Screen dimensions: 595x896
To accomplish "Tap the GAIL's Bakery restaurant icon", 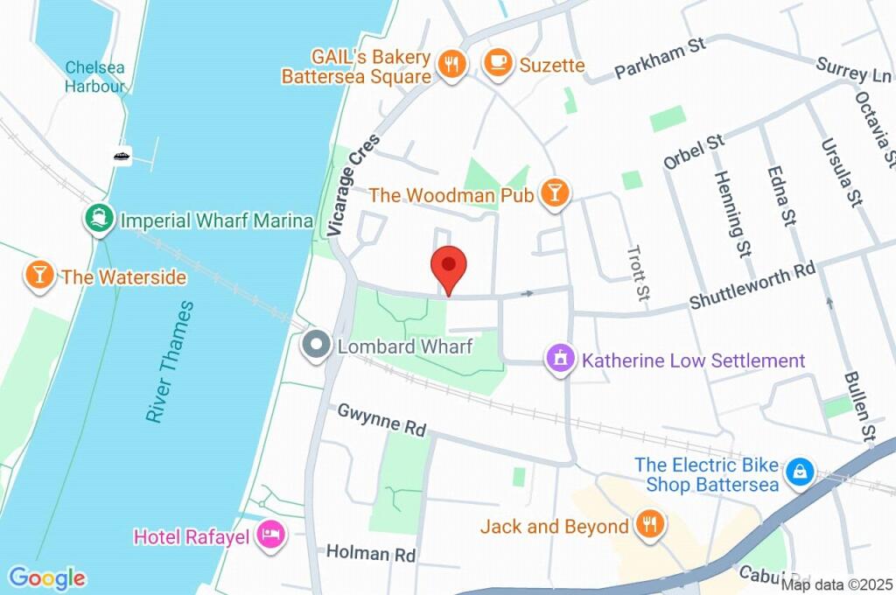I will tap(451, 65).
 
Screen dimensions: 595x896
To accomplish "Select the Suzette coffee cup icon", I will tap(499, 63).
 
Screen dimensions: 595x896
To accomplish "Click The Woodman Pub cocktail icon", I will tap(554, 192).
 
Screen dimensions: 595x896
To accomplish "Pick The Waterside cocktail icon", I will tap(39, 276).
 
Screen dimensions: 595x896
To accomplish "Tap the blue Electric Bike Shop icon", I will tap(798, 473).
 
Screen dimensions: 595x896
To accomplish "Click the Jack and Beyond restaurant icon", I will tap(649, 525).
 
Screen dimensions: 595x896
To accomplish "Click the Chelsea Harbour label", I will tap(94, 77).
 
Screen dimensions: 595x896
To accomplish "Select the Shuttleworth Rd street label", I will tap(752, 286).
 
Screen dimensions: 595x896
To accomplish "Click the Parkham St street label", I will tap(660, 59).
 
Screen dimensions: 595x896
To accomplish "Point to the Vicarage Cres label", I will tap(353, 185).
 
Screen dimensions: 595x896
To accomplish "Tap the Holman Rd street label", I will tap(370, 554).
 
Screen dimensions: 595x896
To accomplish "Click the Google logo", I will tap(47, 577).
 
